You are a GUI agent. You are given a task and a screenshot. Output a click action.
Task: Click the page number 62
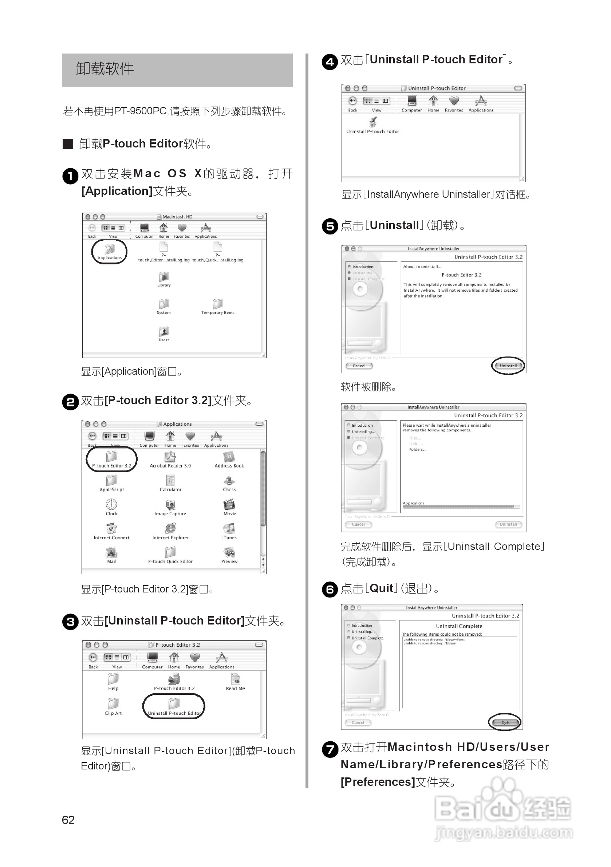click(68, 820)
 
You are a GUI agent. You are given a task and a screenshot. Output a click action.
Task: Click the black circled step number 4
click(330, 62)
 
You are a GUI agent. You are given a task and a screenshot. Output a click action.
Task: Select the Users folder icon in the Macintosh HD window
click(164, 332)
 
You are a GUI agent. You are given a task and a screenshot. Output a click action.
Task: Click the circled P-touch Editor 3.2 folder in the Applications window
click(112, 458)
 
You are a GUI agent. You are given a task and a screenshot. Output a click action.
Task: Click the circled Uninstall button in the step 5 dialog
click(508, 366)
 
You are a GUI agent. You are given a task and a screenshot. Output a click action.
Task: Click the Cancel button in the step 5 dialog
click(359, 366)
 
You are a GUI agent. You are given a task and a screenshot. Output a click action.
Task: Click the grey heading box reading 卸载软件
click(177, 70)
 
